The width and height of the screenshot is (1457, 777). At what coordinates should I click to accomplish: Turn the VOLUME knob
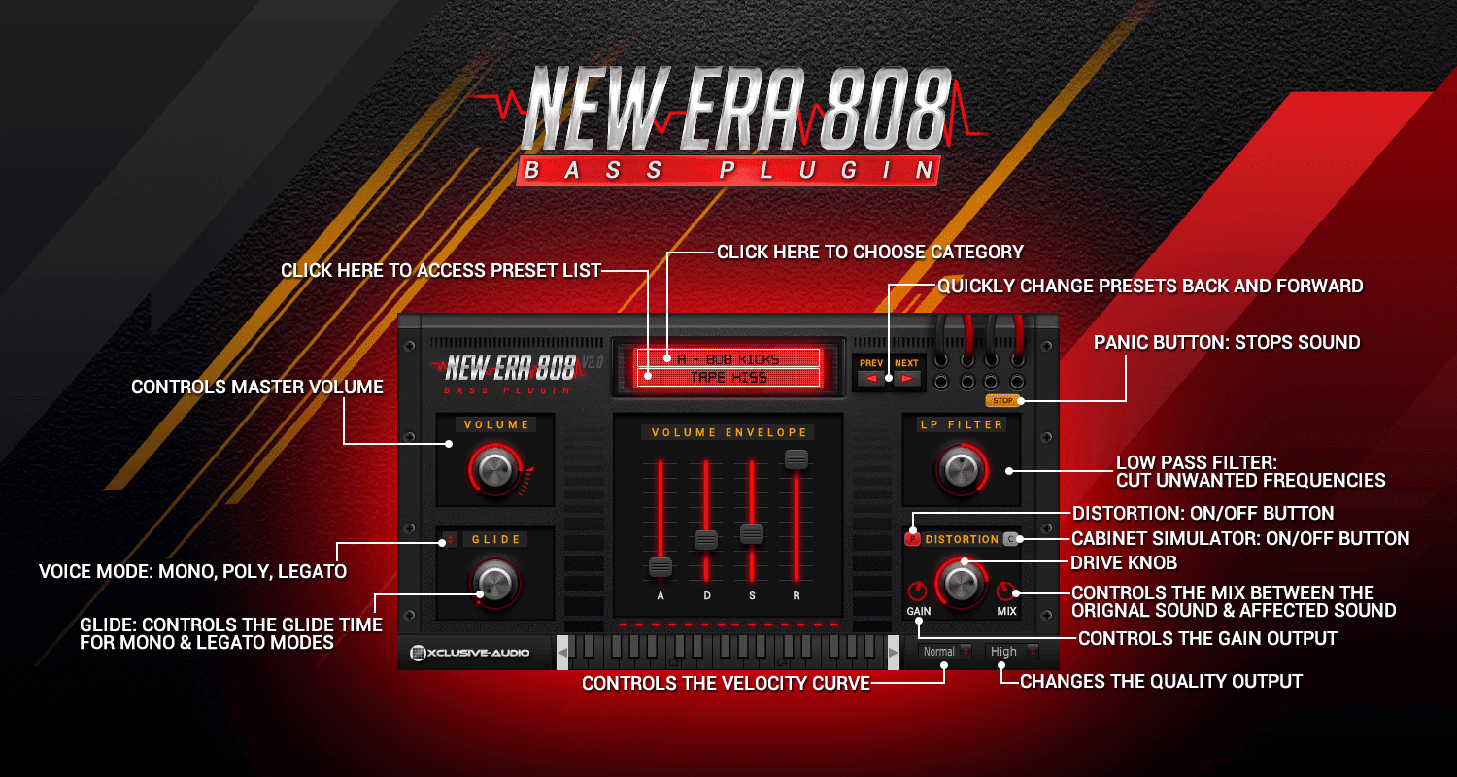(x=494, y=470)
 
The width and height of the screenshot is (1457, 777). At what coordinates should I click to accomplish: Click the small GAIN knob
(x=918, y=591)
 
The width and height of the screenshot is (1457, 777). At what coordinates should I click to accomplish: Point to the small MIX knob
(x=1006, y=591)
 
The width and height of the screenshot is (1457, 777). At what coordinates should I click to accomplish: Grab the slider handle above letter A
(x=661, y=566)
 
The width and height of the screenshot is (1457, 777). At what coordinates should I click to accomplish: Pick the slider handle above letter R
(x=796, y=459)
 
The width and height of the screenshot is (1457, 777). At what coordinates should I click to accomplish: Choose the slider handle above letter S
(x=752, y=533)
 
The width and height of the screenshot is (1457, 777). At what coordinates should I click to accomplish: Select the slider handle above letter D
(x=706, y=540)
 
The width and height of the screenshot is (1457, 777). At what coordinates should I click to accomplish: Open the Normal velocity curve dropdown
(x=946, y=652)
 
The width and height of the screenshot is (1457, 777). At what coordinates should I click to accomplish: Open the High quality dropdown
(x=1012, y=652)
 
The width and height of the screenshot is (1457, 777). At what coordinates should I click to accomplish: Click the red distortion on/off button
(x=913, y=539)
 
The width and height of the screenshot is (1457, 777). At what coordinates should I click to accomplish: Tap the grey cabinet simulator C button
(x=1010, y=539)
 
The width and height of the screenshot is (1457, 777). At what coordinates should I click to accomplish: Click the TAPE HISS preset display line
(x=728, y=377)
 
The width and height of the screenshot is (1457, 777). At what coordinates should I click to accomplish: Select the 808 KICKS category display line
(x=728, y=359)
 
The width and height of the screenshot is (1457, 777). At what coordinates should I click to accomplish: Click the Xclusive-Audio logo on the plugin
(x=470, y=653)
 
